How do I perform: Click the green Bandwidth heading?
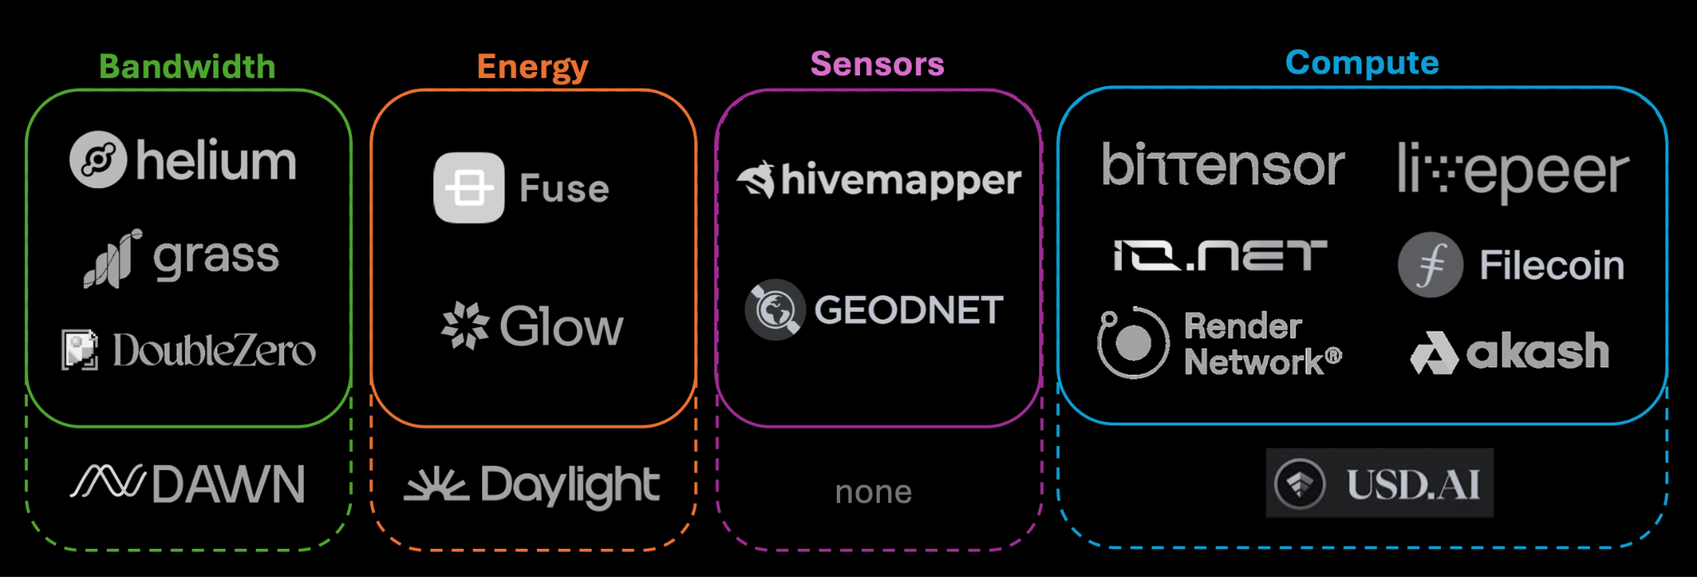187,67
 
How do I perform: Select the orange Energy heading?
532,67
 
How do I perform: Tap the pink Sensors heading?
877,64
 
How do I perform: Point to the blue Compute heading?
1361,63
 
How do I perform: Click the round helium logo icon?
98,159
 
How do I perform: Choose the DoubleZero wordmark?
214,351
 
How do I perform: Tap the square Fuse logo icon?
469,188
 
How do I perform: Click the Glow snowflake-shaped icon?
465,326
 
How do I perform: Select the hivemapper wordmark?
901,181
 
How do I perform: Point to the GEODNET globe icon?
775,310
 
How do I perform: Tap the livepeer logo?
1512,171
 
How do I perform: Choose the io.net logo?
1220,255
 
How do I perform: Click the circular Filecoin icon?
1430,265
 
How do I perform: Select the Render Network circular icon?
1133,342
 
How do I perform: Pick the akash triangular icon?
1434,352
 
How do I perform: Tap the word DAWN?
229,484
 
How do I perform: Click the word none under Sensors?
873,492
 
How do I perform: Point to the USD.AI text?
1413,484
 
